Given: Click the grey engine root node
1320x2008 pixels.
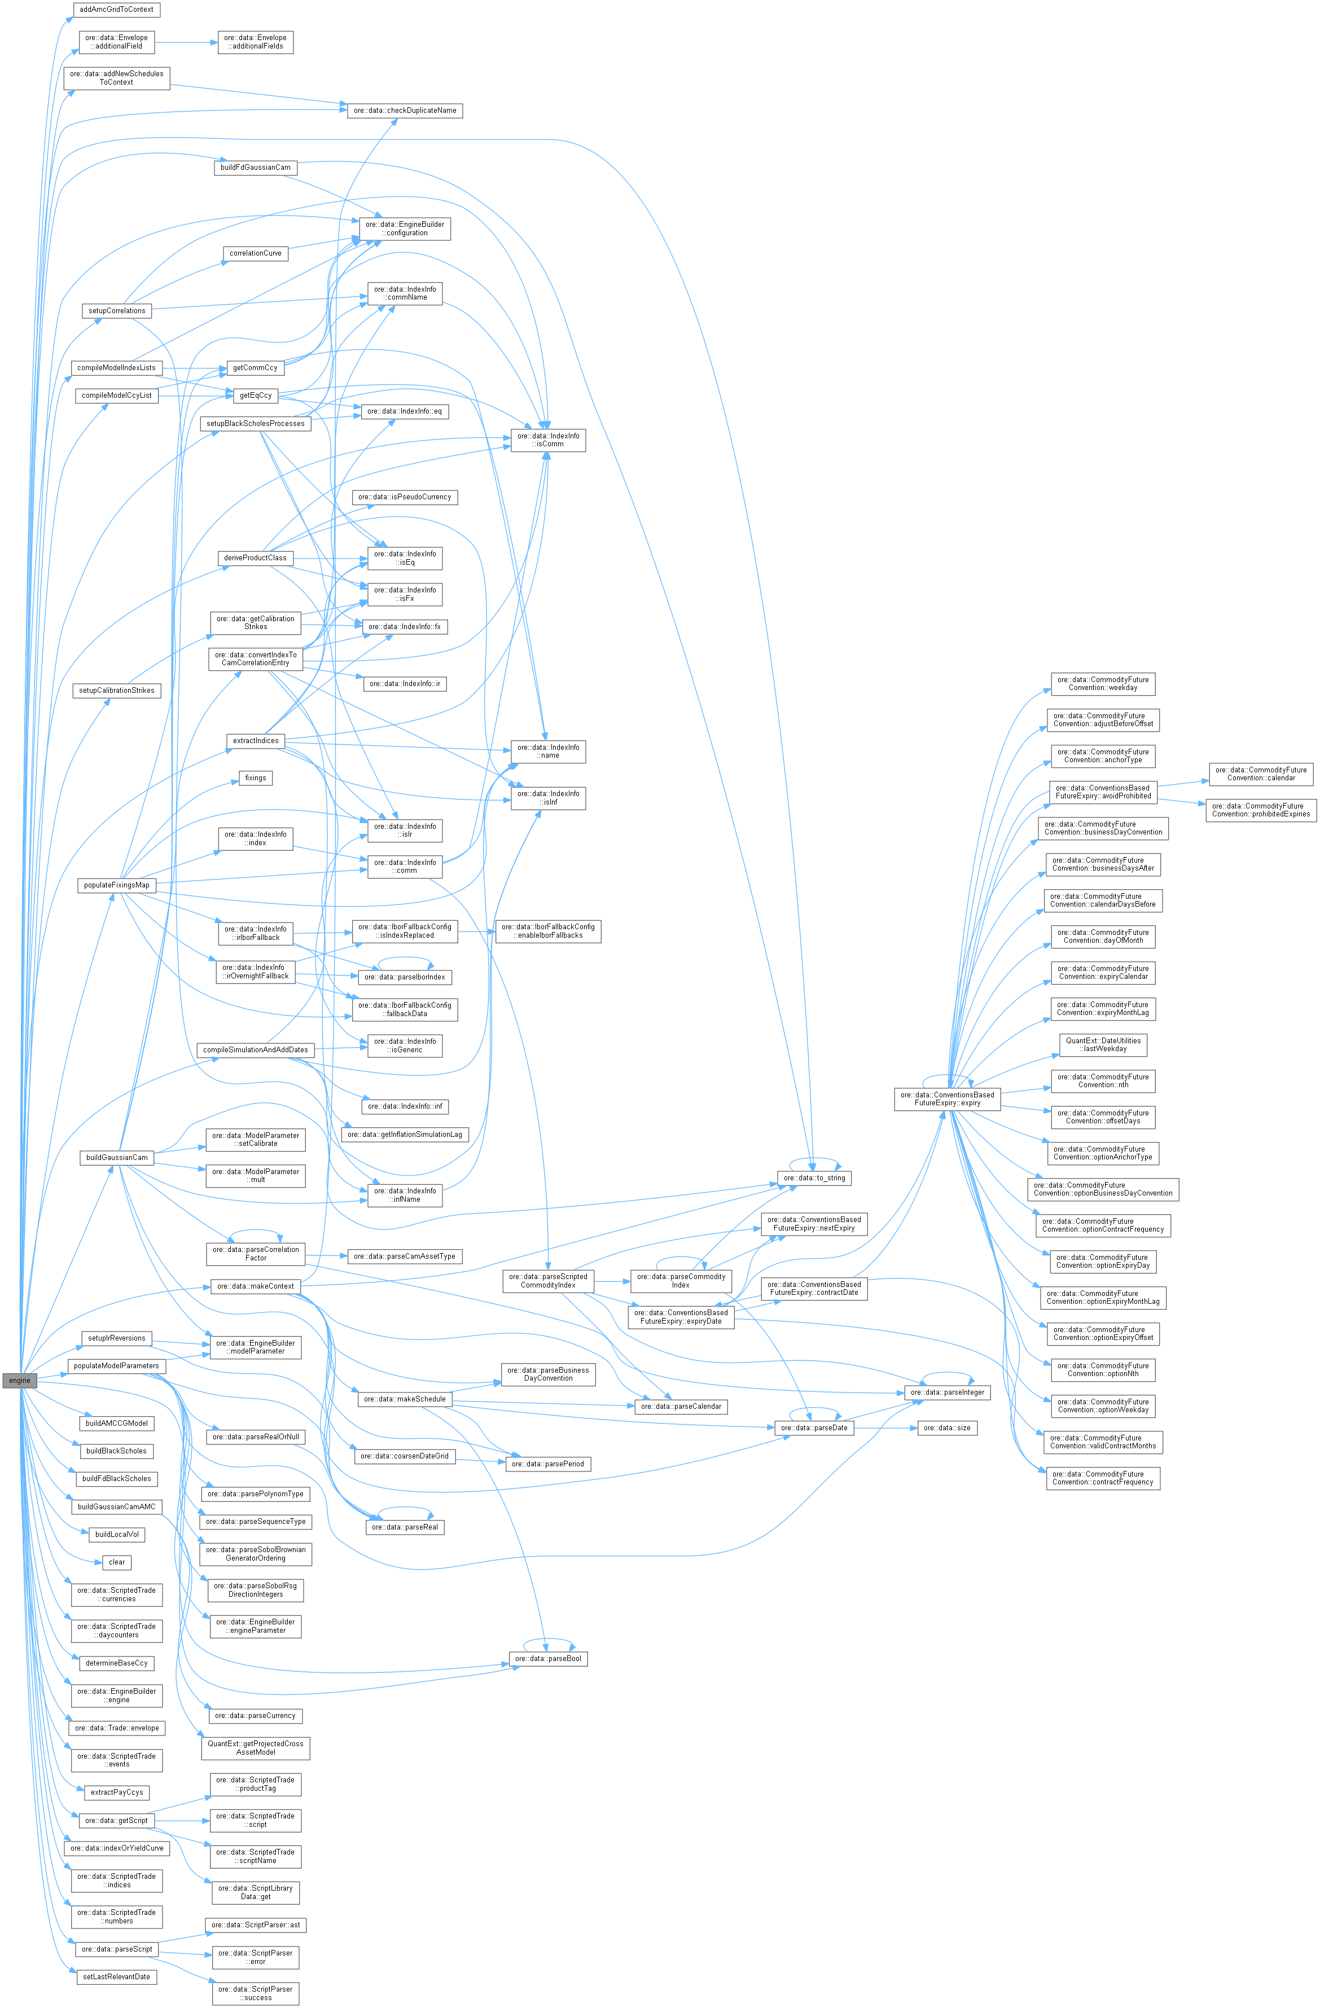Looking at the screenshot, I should (19, 1380).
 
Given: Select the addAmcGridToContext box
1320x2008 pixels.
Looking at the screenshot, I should (116, 9).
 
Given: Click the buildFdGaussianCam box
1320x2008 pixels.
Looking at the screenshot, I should (255, 167).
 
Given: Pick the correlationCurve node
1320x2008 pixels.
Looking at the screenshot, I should (255, 253).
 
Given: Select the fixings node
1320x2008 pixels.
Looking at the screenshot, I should (255, 778).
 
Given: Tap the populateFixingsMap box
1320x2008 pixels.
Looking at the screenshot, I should (116, 885).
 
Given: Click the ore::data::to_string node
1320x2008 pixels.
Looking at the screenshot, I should (814, 1178).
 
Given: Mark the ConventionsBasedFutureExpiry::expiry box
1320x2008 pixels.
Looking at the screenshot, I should (947, 1099).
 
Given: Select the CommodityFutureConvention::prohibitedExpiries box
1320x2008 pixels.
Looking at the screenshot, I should (1260, 810).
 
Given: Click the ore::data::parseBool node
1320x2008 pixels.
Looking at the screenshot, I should (548, 1659).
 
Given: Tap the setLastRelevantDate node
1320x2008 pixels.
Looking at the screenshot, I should (116, 1977).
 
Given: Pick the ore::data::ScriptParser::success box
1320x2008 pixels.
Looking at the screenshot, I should (255, 1993).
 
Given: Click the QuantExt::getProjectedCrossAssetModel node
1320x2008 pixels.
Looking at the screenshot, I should (255, 1748).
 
